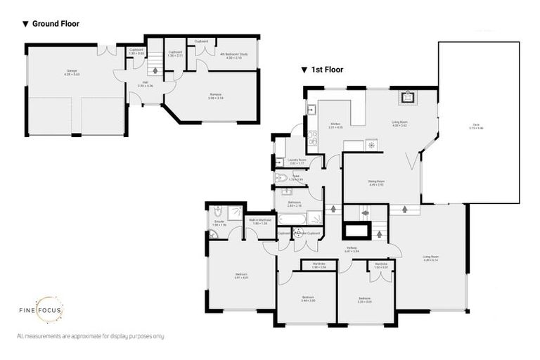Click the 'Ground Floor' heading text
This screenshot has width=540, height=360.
[55, 24]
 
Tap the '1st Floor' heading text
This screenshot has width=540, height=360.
[327, 70]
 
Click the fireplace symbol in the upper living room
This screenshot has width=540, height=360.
[406, 98]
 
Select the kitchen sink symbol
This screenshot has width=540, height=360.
[310, 109]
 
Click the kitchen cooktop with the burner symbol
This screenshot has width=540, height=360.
[371, 145]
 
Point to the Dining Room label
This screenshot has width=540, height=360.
[375, 183]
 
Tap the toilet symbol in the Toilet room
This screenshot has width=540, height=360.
[281, 179]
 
